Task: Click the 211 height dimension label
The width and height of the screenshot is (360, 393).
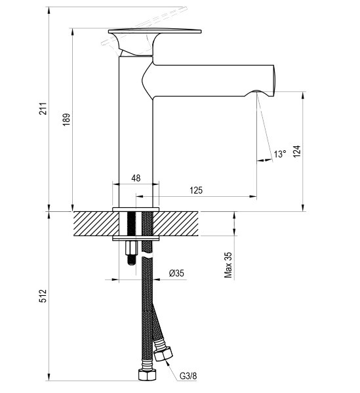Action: click(44, 108)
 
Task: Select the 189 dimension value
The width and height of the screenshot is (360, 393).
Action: click(66, 119)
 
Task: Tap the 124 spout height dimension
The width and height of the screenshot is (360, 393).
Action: click(297, 151)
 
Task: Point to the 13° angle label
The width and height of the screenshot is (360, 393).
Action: click(280, 154)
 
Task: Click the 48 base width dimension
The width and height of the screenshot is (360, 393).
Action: click(136, 178)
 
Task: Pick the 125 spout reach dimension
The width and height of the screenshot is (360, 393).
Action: click(196, 190)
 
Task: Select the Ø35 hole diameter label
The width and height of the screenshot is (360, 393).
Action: click(176, 273)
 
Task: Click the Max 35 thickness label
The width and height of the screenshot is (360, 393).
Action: click(228, 265)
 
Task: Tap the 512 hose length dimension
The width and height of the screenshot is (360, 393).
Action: click(43, 296)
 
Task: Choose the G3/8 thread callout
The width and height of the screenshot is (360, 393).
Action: click(188, 376)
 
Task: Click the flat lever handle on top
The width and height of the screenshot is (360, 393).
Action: click(155, 31)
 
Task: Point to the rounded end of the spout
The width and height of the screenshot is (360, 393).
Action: click(273, 81)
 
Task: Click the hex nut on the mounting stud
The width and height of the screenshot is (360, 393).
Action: click(132, 247)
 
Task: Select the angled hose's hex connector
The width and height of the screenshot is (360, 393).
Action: click(163, 354)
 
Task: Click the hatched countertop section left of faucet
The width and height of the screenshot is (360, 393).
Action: click(96, 224)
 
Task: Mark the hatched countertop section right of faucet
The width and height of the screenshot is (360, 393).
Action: click(176, 224)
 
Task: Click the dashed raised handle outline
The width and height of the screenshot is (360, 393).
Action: click(144, 26)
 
